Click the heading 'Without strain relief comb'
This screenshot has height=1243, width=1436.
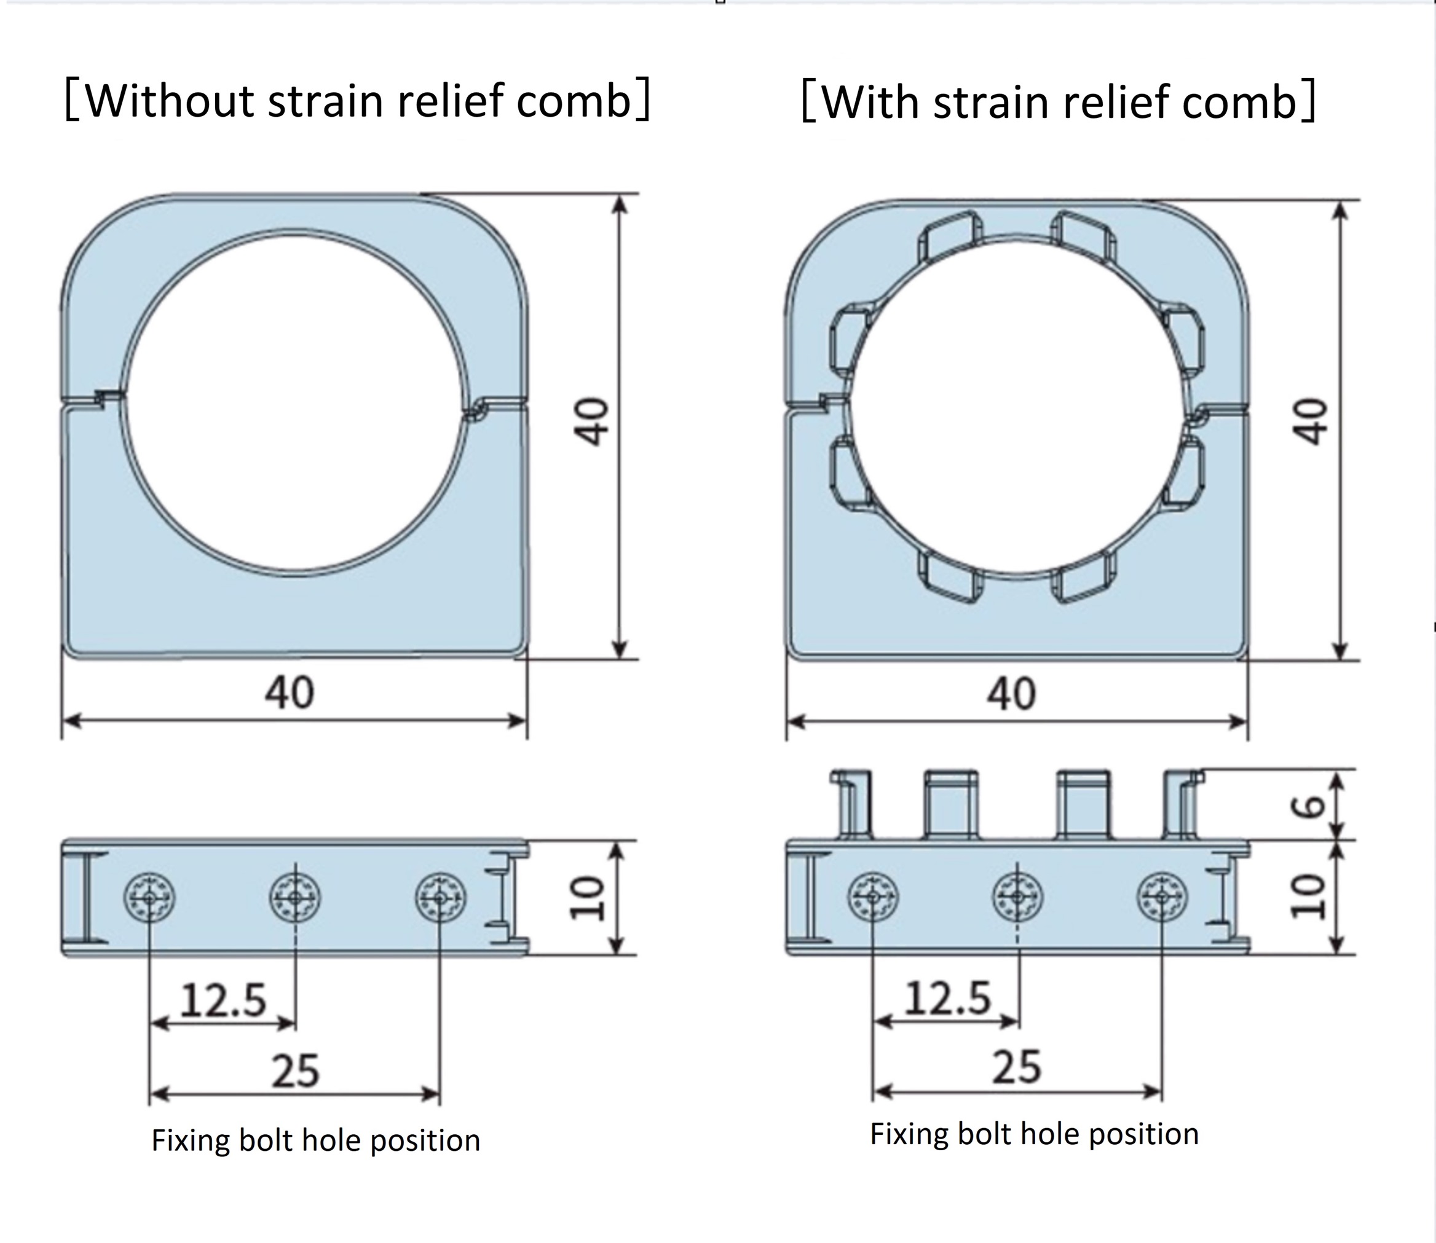point(357,101)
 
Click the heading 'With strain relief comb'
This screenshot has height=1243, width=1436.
point(1059,103)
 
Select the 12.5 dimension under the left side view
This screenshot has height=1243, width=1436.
point(224,1000)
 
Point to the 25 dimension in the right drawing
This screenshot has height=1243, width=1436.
point(1017,1067)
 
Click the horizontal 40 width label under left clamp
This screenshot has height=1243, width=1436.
point(290,692)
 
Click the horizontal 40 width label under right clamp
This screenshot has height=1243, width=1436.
point(1012,694)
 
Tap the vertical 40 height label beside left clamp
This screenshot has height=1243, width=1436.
point(591,421)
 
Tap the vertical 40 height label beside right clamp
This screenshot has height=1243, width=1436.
point(1310,421)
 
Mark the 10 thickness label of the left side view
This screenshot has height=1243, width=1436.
point(586,898)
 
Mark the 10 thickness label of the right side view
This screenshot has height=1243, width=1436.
point(1308,897)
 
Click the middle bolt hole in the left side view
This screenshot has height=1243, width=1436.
point(295,898)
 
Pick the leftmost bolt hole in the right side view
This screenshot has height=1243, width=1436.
point(872,897)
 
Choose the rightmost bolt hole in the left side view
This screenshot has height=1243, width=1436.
point(440,898)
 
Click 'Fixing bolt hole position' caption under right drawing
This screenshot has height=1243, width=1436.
point(1034,1134)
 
